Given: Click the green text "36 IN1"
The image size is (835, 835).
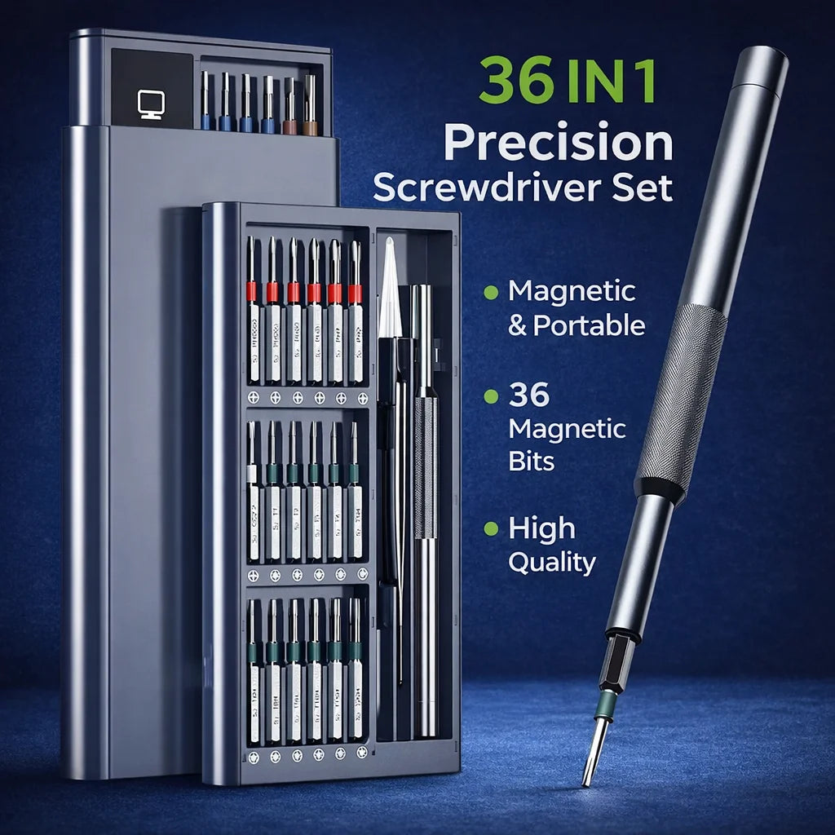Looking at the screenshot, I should (x=567, y=79).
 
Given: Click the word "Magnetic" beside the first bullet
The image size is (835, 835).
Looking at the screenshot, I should (x=571, y=291).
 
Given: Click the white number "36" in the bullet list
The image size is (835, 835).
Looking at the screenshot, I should (x=529, y=395).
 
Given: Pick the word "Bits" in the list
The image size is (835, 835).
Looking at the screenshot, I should (x=531, y=461).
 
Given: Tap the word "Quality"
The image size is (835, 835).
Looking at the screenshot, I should (x=551, y=562).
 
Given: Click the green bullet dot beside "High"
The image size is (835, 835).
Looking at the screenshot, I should (x=490, y=529).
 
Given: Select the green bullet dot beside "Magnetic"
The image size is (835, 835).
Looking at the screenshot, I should (x=490, y=291).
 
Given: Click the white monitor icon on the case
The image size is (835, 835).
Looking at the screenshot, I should (x=152, y=104).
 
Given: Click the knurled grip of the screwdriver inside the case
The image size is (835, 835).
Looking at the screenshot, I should (x=425, y=466).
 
